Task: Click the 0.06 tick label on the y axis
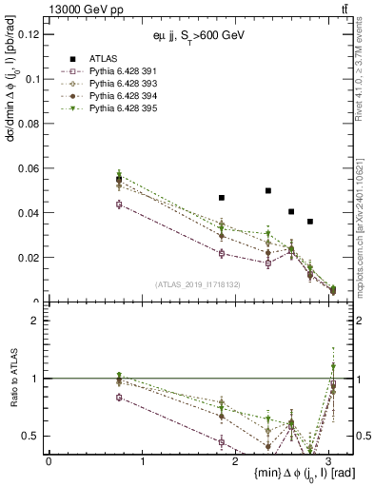pos(27,168)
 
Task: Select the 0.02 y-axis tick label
pos(27,258)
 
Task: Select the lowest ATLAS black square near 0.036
pos(310,222)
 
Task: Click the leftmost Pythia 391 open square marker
pos(119,204)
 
